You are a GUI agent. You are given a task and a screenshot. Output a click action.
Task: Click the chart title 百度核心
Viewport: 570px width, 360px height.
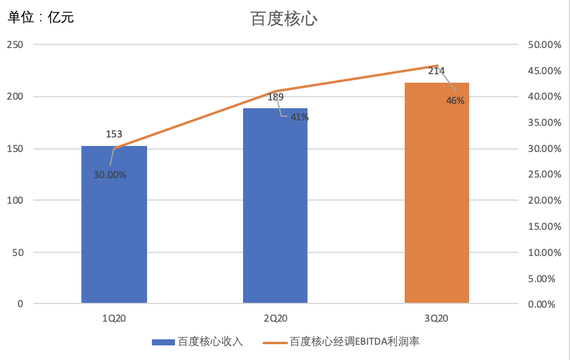click(x=284, y=19)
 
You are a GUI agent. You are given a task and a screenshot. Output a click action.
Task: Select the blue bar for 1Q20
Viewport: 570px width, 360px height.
click(x=114, y=224)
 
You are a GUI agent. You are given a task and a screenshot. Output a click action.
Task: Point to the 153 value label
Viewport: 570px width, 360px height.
click(x=114, y=134)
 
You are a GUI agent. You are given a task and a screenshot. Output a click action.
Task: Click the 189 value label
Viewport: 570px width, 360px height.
click(x=275, y=97)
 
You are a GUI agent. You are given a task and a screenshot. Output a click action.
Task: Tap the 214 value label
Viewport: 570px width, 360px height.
click(x=436, y=71)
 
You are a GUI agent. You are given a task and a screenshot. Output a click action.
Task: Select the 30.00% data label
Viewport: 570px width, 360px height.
click(x=110, y=175)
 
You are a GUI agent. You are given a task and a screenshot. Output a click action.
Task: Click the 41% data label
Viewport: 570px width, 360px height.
click(x=300, y=117)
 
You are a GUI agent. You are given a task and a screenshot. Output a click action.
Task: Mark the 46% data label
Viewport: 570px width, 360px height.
click(x=455, y=101)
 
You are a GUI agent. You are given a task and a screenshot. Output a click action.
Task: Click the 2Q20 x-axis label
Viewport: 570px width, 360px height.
click(x=275, y=318)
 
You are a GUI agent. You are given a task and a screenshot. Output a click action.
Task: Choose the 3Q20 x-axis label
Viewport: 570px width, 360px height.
click(x=436, y=318)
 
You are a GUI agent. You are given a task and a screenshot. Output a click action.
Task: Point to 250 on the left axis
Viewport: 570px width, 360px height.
click(x=15, y=45)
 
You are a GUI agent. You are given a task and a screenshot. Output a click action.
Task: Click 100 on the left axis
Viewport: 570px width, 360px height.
click(x=15, y=200)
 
